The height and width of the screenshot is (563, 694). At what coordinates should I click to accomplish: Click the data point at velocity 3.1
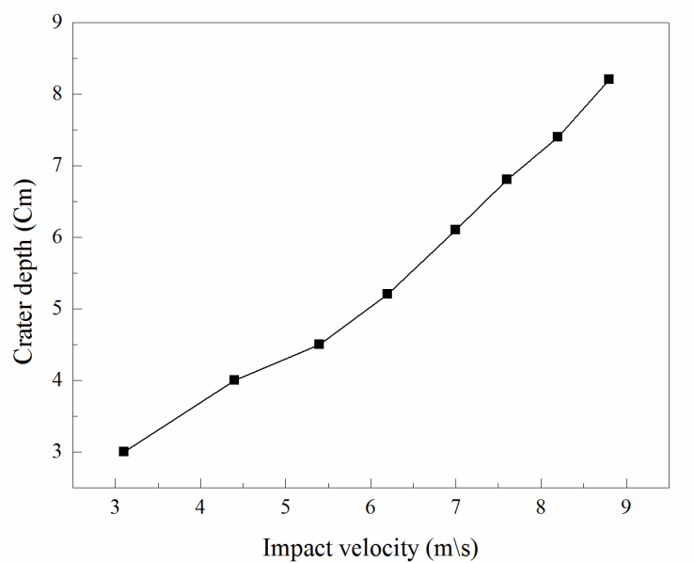[123, 452]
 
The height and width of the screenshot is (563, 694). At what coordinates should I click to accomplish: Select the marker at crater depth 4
[234, 380]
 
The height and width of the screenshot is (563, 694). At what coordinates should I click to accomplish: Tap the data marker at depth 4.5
[319, 345]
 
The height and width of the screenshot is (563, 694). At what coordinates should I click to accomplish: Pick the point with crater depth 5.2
[386, 294]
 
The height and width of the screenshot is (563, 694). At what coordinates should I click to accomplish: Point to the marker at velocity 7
[455, 230]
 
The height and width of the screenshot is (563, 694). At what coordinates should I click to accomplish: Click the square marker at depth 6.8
[507, 179]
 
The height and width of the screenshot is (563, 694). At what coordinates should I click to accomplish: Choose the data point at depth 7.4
[558, 137]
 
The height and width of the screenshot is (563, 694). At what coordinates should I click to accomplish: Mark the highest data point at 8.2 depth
[608, 79]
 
